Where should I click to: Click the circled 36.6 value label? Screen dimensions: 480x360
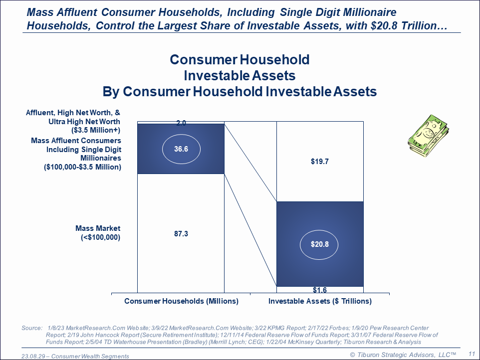click(181, 149)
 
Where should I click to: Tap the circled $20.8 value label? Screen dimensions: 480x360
click(320, 244)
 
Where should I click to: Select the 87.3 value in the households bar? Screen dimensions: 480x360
click(181, 234)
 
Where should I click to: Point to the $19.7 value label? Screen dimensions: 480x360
click(320, 161)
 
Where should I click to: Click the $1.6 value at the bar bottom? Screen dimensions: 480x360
click(320, 290)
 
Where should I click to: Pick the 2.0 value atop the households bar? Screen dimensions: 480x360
click(181, 123)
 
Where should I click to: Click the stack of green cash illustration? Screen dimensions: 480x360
click(428, 136)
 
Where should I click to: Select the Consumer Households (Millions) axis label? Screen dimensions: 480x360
click(181, 301)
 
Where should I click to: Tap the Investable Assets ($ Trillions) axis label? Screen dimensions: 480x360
click(320, 301)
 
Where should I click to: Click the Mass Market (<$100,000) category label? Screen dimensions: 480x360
click(98, 233)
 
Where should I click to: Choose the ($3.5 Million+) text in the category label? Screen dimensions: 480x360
click(96, 130)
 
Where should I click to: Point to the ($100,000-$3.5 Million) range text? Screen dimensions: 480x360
click(83, 167)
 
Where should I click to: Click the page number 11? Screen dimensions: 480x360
click(472, 354)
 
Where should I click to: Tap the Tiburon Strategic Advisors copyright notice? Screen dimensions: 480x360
click(403, 355)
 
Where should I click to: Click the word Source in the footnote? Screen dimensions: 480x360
click(32, 328)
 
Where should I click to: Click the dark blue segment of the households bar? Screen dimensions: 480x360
click(181, 149)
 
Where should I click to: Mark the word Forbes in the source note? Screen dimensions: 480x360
click(339, 328)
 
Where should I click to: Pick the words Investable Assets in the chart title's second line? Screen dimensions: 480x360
click(240, 76)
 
